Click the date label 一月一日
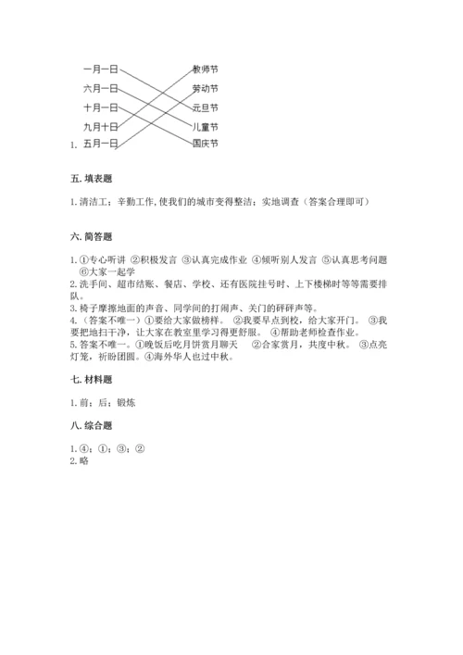[x=100, y=69]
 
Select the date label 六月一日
[x=100, y=88]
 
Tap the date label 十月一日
[x=100, y=107]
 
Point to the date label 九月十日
[x=100, y=126]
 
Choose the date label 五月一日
[x=100, y=144]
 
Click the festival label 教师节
[x=205, y=69]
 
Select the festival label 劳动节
[x=205, y=88]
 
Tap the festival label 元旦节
[x=205, y=107]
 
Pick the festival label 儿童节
[x=205, y=126]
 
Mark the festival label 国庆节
[x=205, y=144]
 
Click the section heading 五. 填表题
[x=91, y=179]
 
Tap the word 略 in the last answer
[x=82, y=460]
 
